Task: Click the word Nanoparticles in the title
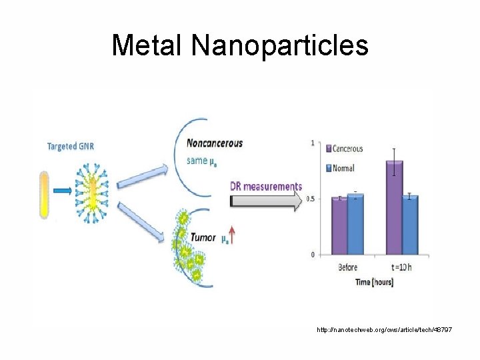coord(279,45)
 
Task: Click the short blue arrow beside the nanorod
coord(63,191)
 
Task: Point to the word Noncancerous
coord(215,143)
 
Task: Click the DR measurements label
coord(266,187)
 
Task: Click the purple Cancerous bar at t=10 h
coord(395,207)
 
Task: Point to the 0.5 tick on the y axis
coord(311,199)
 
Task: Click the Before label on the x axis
coord(348,268)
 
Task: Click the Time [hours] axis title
coord(374,282)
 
